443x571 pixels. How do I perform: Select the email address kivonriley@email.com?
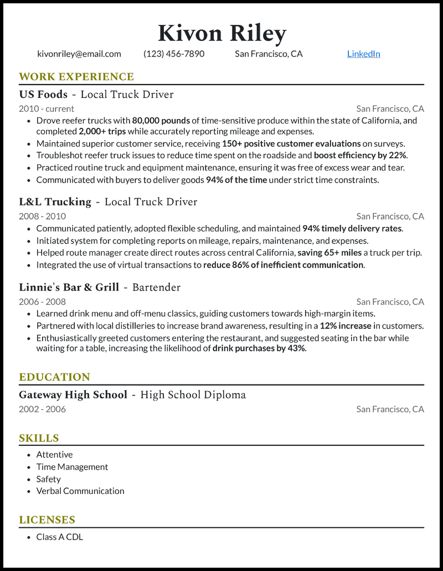tap(79, 54)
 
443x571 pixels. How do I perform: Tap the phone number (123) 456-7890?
tap(174, 54)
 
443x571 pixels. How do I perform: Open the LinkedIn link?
tap(363, 54)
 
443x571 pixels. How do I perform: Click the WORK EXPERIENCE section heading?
tap(76, 76)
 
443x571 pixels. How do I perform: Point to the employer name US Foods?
tap(43, 94)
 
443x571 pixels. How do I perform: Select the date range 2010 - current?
tap(47, 108)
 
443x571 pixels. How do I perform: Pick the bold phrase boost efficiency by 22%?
tap(360, 155)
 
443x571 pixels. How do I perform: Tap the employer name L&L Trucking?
tap(55, 201)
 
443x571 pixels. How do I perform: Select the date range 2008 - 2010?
tap(42, 216)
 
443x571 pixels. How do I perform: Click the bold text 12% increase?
tap(346, 326)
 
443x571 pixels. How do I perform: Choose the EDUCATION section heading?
tap(54, 377)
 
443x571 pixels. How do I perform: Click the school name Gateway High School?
tap(73, 394)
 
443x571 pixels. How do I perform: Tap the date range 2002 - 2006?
tap(42, 409)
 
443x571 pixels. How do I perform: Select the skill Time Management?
tap(72, 466)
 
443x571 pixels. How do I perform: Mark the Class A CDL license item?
tap(59, 537)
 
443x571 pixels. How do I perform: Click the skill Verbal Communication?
tap(80, 491)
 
